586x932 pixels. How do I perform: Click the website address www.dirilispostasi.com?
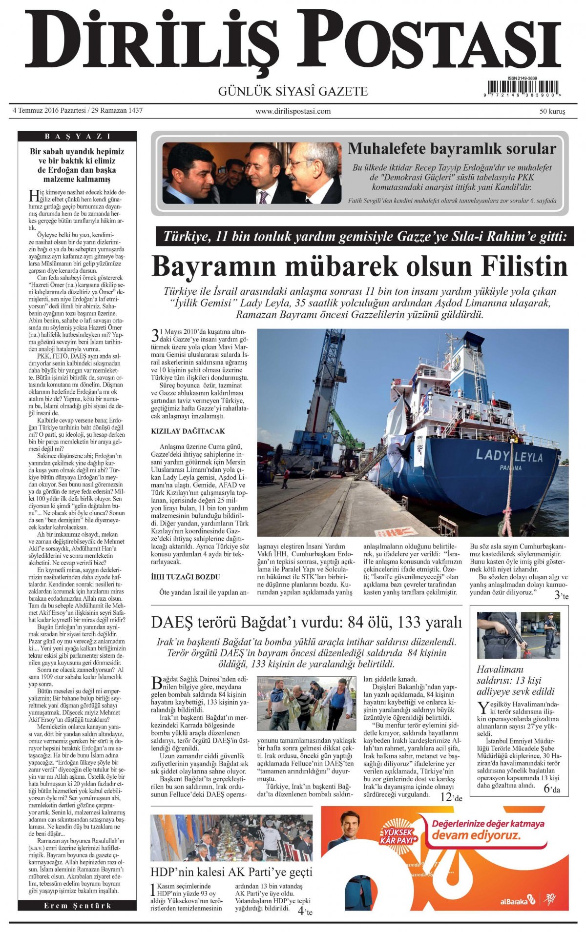tap(293, 111)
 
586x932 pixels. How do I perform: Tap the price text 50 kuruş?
tap(552, 111)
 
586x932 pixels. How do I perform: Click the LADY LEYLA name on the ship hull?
tap(509, 456)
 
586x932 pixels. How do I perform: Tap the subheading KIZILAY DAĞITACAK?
tap(188, 431)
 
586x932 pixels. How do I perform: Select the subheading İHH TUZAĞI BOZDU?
tap(186, 577)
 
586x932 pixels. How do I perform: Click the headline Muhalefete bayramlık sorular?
tap(452, 149)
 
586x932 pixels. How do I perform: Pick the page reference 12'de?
tap(451, 798)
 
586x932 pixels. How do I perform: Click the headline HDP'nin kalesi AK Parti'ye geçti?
tap(231, 872)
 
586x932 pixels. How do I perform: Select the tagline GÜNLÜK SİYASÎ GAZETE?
tap(293, 91)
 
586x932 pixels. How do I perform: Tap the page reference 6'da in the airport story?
tap(552, 789)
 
